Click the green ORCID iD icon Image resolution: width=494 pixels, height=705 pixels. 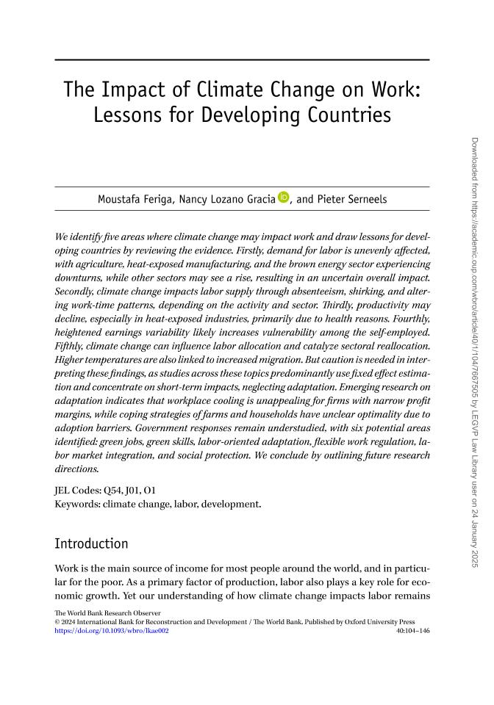(284, 198)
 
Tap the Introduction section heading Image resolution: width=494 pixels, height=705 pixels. (92, 544)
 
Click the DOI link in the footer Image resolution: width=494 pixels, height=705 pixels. (112, 629)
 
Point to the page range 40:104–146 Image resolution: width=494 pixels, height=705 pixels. (412, 629)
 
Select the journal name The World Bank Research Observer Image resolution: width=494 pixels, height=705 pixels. (107, 612)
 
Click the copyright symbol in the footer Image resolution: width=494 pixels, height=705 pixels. (58, 621)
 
